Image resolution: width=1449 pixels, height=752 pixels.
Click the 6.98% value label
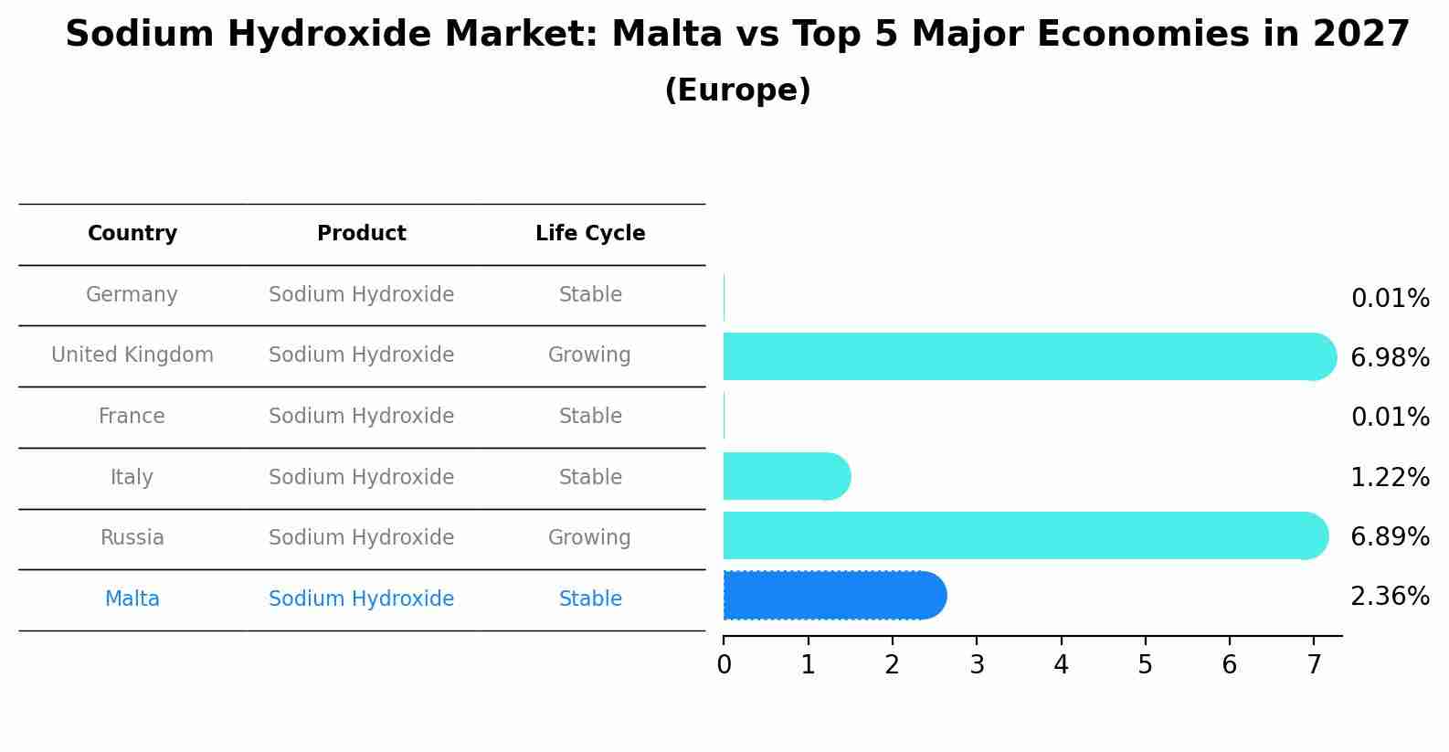(1390, 358)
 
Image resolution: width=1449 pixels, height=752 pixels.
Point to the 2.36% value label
(1390, 597)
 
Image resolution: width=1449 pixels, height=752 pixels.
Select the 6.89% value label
(1390, 537)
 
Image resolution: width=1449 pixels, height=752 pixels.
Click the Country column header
(132, 234)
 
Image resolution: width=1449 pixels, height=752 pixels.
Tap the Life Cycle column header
(590, 234)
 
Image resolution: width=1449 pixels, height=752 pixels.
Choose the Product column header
(362, 234)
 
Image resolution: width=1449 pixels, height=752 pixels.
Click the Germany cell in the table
(132, 295)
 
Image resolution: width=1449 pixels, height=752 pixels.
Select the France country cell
(132, 417)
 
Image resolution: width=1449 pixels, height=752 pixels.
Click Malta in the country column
(132, 599)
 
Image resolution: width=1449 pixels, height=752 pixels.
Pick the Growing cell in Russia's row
(590, 538)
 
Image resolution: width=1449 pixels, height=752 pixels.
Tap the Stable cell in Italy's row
(590, 478)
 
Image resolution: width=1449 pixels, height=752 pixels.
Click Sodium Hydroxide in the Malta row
(362, 599)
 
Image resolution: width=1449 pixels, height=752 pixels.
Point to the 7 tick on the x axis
(1314, 665)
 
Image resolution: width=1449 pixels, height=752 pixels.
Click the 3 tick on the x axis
(977, 665)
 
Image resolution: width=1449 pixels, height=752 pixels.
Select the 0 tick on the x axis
(724, 665)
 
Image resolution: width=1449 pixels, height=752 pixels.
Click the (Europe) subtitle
(737, 90)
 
